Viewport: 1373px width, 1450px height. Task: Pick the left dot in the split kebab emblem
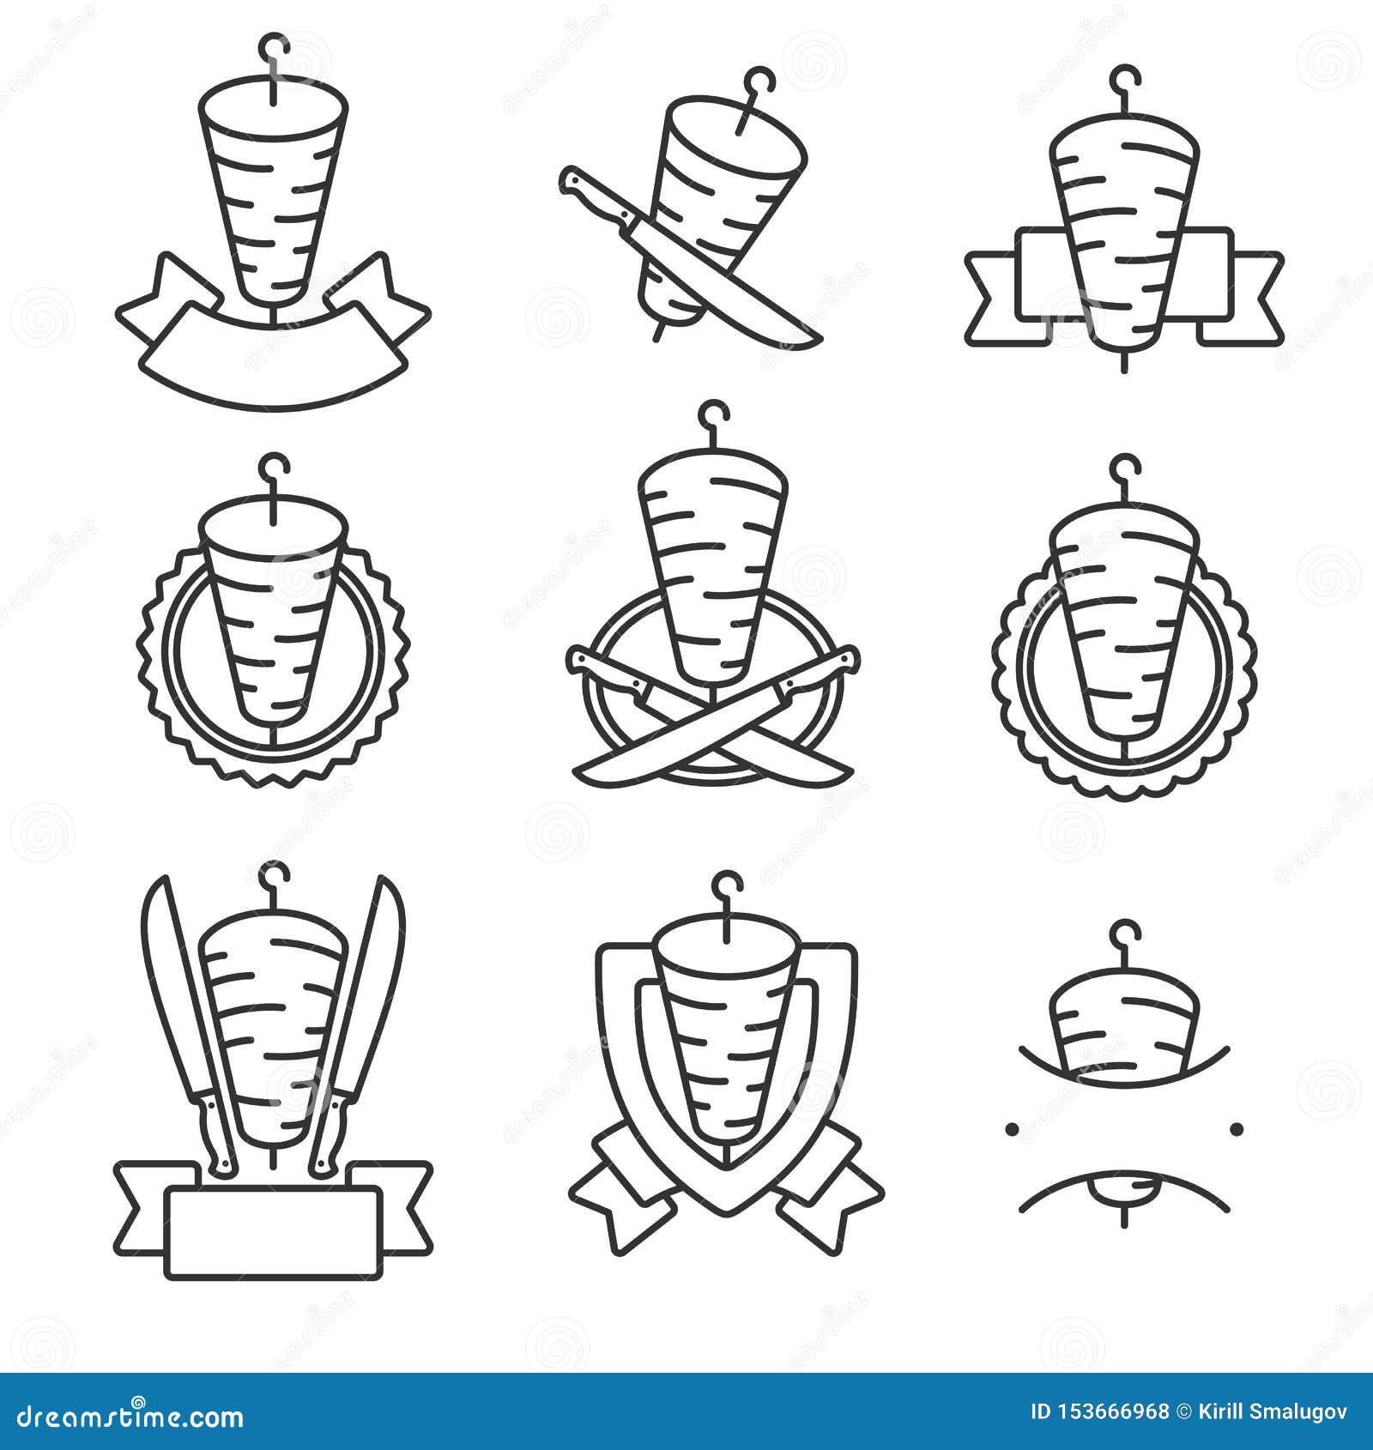1012,1128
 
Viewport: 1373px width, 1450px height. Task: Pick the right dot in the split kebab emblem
1237,1128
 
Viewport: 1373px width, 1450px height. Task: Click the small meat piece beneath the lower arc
1124,1189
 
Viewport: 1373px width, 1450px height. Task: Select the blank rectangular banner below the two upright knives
273,1232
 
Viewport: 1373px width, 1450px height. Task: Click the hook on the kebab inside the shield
729,885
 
